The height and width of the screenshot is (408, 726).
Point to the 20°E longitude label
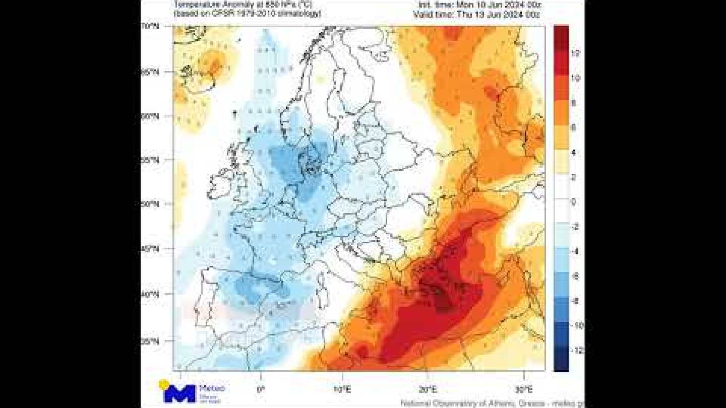pyautogui.click(x=428, y=389)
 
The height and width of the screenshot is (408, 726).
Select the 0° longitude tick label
pyautogui.click(x=261, y=389)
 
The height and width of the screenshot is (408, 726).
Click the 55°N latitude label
pyautogui.click(x=151, y=160)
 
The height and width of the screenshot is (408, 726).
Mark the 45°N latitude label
pyautogui.click(x=151, y=249)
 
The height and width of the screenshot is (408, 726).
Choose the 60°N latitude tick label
pyautogui.click(x=151, y=116)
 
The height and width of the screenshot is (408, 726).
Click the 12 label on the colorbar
pyautogui.click(x=575, y=53)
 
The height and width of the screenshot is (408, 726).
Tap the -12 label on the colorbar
pyautogui.click(x=576, y=350)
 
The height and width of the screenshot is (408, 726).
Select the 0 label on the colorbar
pyautogui.click(x=574, y=201)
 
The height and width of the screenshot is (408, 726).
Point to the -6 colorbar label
pyautogui.click(x=575, y=276)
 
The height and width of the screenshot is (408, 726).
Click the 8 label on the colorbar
pyautogui.click(x=574, y=103)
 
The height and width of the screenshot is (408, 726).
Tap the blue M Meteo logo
pyautogui.click(x=179, y=392)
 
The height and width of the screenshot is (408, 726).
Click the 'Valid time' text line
pyautogui.click(x=476, y=15)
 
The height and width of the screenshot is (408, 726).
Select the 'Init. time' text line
pyautogui.click(x=479, y=5)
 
